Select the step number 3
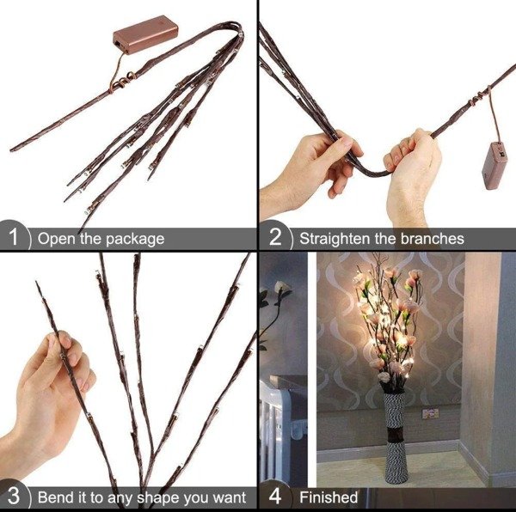14,497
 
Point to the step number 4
275,497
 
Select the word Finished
329,497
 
